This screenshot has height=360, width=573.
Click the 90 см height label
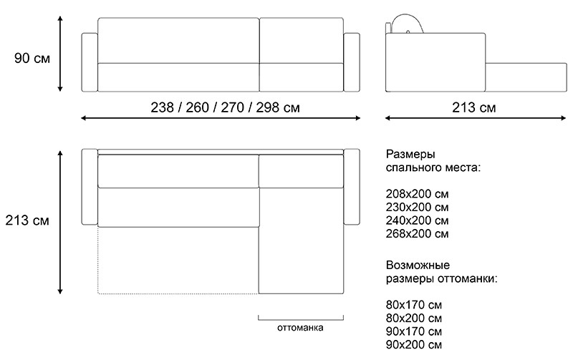coord(32,58)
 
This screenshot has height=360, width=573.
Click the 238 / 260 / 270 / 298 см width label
coord(225,108)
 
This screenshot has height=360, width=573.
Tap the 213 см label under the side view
coord(473,108)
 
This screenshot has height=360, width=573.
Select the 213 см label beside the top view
coord(27,220)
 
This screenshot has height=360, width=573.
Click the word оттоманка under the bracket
coord(300,329)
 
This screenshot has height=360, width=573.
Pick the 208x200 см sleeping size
coord(418,195)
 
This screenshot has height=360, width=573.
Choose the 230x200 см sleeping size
coord(418,208)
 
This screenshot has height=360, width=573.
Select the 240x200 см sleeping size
coord(418,220)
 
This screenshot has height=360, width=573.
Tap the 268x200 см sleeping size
coord(418,233)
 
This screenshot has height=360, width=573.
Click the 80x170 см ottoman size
coord(414,306)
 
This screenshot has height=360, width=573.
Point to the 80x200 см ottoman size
coord(414,318)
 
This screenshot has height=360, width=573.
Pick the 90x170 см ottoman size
coord(414,332)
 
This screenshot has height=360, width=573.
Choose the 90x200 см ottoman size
coord(414,345)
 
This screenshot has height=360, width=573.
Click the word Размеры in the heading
coord(410,155)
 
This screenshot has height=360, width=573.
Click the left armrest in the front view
coord(90,62)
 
